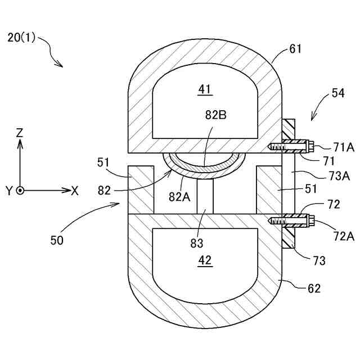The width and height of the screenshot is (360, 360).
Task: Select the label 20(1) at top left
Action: (x=21, y=38)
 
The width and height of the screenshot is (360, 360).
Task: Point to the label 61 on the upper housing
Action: (x=296, y=49)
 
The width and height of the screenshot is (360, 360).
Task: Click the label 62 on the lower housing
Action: (x=314, y=289)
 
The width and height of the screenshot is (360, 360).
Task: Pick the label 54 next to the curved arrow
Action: (x=338, y=94)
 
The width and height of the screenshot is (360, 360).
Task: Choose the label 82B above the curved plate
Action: (x=216, y=115)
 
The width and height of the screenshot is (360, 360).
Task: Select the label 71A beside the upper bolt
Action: (x=343, y=147)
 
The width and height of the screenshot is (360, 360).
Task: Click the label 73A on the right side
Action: (x=339, y=175)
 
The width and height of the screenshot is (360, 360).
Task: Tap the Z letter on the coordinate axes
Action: (x=20, y=133)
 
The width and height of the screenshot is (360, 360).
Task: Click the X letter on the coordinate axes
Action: (x=75, y=190)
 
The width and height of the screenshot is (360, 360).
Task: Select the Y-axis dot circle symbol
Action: (x=20, y=190)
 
